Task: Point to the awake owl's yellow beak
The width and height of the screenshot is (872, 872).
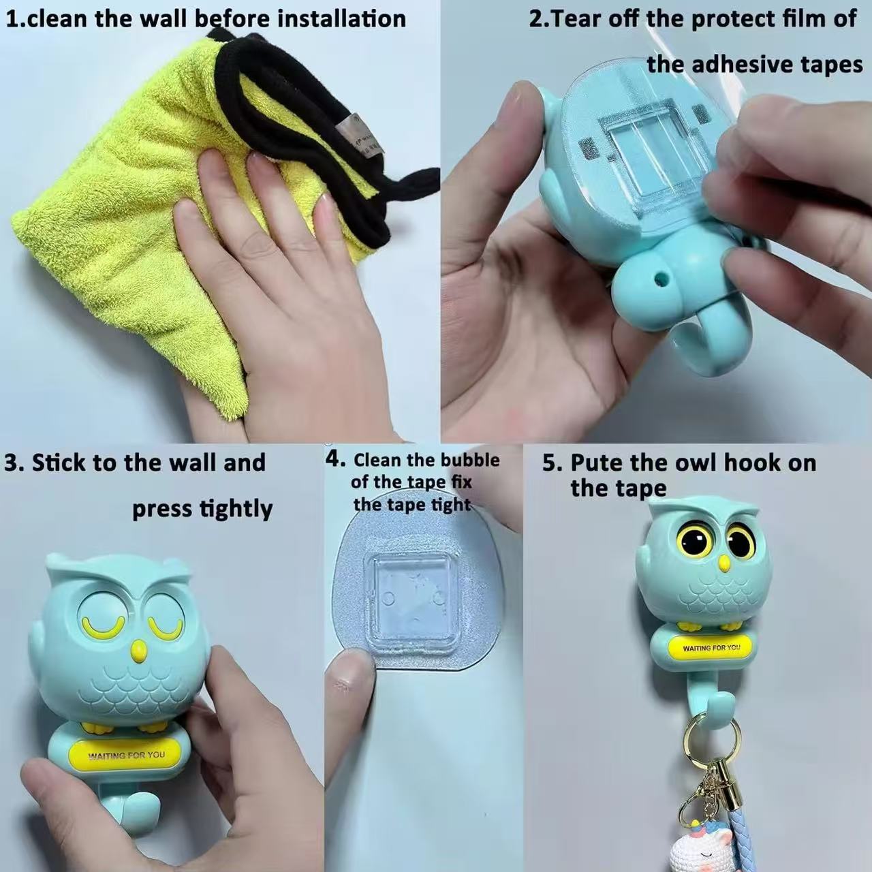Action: (x=725, y=563)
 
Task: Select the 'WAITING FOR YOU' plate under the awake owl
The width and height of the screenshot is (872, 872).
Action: (x=711, y=648)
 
